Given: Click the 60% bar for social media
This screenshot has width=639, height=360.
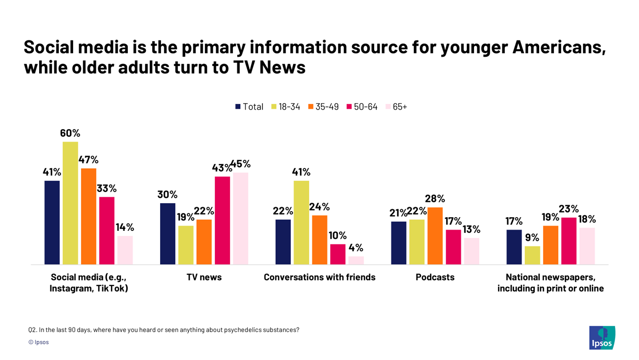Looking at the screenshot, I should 70,203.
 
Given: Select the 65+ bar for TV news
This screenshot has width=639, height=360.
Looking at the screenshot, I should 240,218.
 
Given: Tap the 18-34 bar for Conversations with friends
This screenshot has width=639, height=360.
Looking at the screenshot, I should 301,222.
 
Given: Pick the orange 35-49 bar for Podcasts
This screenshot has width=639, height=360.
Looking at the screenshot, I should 435,236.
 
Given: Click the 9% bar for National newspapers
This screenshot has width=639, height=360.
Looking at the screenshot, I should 532,255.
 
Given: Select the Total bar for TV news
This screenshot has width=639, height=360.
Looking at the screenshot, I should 167,234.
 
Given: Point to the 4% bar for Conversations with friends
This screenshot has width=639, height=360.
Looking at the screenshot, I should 356,260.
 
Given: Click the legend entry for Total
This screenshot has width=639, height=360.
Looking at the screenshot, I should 249,107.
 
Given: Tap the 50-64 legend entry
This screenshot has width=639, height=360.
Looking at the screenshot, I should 362,107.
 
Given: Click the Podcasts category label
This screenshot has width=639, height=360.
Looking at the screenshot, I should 435,277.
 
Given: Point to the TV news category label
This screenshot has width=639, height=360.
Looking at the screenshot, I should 204,277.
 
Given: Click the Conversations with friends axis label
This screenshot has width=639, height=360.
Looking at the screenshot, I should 319,277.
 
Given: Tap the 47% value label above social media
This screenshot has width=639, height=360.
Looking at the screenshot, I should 88,160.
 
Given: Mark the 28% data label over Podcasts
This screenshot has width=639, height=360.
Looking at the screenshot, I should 435,198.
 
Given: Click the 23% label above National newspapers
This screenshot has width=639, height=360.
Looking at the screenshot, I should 568,209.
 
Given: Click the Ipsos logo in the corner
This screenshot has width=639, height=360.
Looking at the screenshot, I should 602,337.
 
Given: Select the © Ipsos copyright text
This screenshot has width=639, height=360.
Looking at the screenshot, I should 39,342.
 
